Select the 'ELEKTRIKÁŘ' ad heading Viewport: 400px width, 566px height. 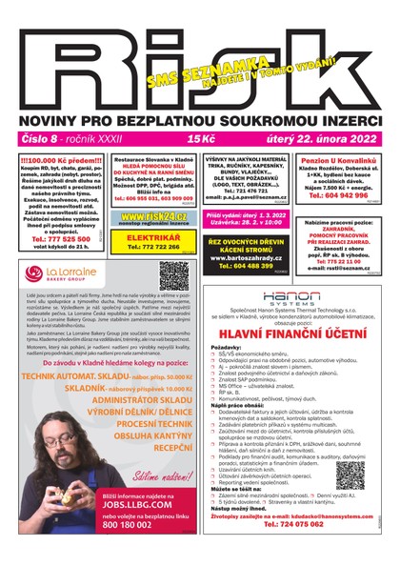coord(153,234)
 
